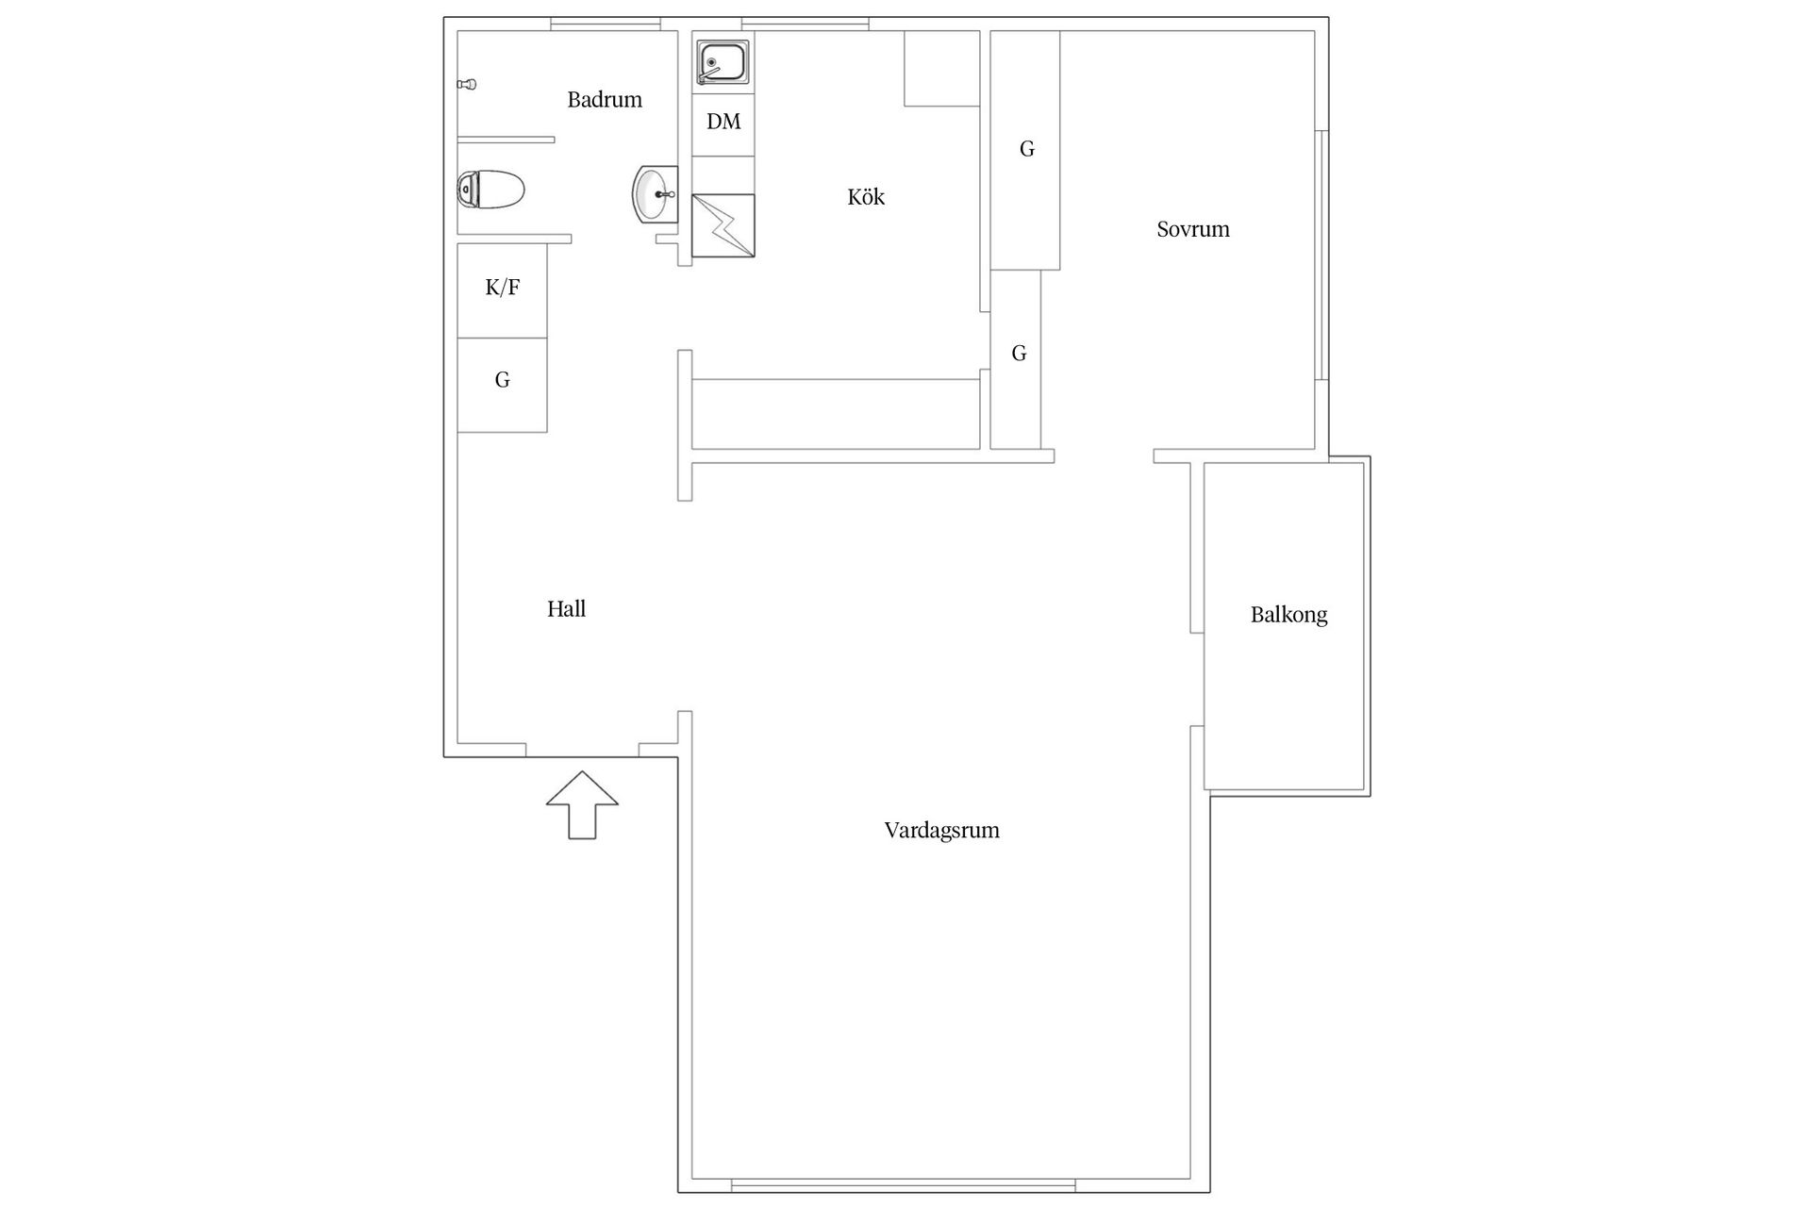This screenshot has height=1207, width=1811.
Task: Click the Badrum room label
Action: click(x=605, y=99)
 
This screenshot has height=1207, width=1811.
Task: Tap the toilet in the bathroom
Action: click(x=490, y=190)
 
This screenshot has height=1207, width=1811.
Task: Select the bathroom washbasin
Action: click(x=655, y=194)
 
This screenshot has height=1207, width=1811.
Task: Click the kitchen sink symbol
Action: click(x=723, y=63)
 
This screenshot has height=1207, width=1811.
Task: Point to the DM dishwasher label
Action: click(x=723, y=122)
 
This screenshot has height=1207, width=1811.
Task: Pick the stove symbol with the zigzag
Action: click(x=723, y=225)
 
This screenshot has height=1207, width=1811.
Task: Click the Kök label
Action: click(x=866, y=196)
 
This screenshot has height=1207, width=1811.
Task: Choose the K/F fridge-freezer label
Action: click(x=503, y=288)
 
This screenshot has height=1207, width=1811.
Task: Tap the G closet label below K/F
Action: click(x=503, y=380)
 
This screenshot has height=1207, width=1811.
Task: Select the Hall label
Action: click(x=567, y=609)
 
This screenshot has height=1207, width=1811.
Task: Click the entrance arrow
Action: click(x=582, y=804)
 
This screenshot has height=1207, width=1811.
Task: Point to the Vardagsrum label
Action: click(x=942, y=831)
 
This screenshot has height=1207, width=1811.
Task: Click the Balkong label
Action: click(x=1289, y=615)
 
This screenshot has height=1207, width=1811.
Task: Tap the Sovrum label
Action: click(x=1193, y=229)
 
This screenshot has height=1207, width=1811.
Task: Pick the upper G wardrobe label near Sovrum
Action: click(x=1027, y=149)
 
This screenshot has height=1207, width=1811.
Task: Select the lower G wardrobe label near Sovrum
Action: click(x=1019, y=354)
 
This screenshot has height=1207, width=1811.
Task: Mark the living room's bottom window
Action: click(x=904, y=1185)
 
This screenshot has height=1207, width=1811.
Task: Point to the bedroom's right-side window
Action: click(x=1321, y=255)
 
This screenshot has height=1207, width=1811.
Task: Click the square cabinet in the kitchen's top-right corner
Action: click(x=941, y=69)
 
